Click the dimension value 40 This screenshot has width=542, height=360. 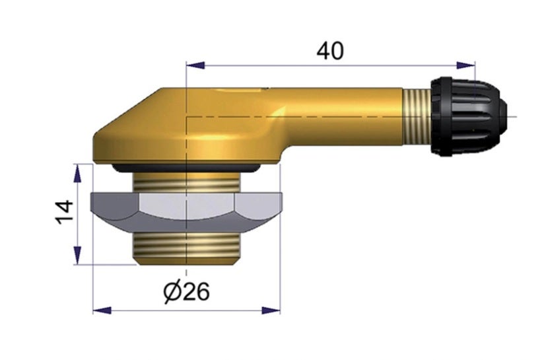click(330, 51)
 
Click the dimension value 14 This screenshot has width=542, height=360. click(64, 213)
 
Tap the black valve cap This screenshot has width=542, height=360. click(466, 116)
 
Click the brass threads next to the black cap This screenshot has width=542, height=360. click(416, 117)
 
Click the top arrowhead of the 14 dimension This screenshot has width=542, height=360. click(79, 173)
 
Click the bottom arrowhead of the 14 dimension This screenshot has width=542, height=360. click(79, 256)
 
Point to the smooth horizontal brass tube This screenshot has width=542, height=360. click(343, 116)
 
